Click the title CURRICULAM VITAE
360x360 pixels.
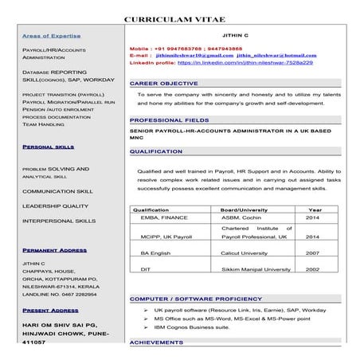(x=179, y=18)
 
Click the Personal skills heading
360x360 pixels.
(x=49, y=147)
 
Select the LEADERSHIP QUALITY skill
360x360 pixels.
(x=56, y=205)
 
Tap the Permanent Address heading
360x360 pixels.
(x=55, y=250)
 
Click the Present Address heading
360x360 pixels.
(x=50, y=310)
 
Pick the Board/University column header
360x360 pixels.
(x=245, y=209)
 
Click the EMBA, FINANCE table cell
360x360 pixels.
(x=163, y=217)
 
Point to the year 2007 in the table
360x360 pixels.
(x=312, y=252)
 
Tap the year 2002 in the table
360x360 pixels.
(x=312, y=269)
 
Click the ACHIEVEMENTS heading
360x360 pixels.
(x=157, y=342)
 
